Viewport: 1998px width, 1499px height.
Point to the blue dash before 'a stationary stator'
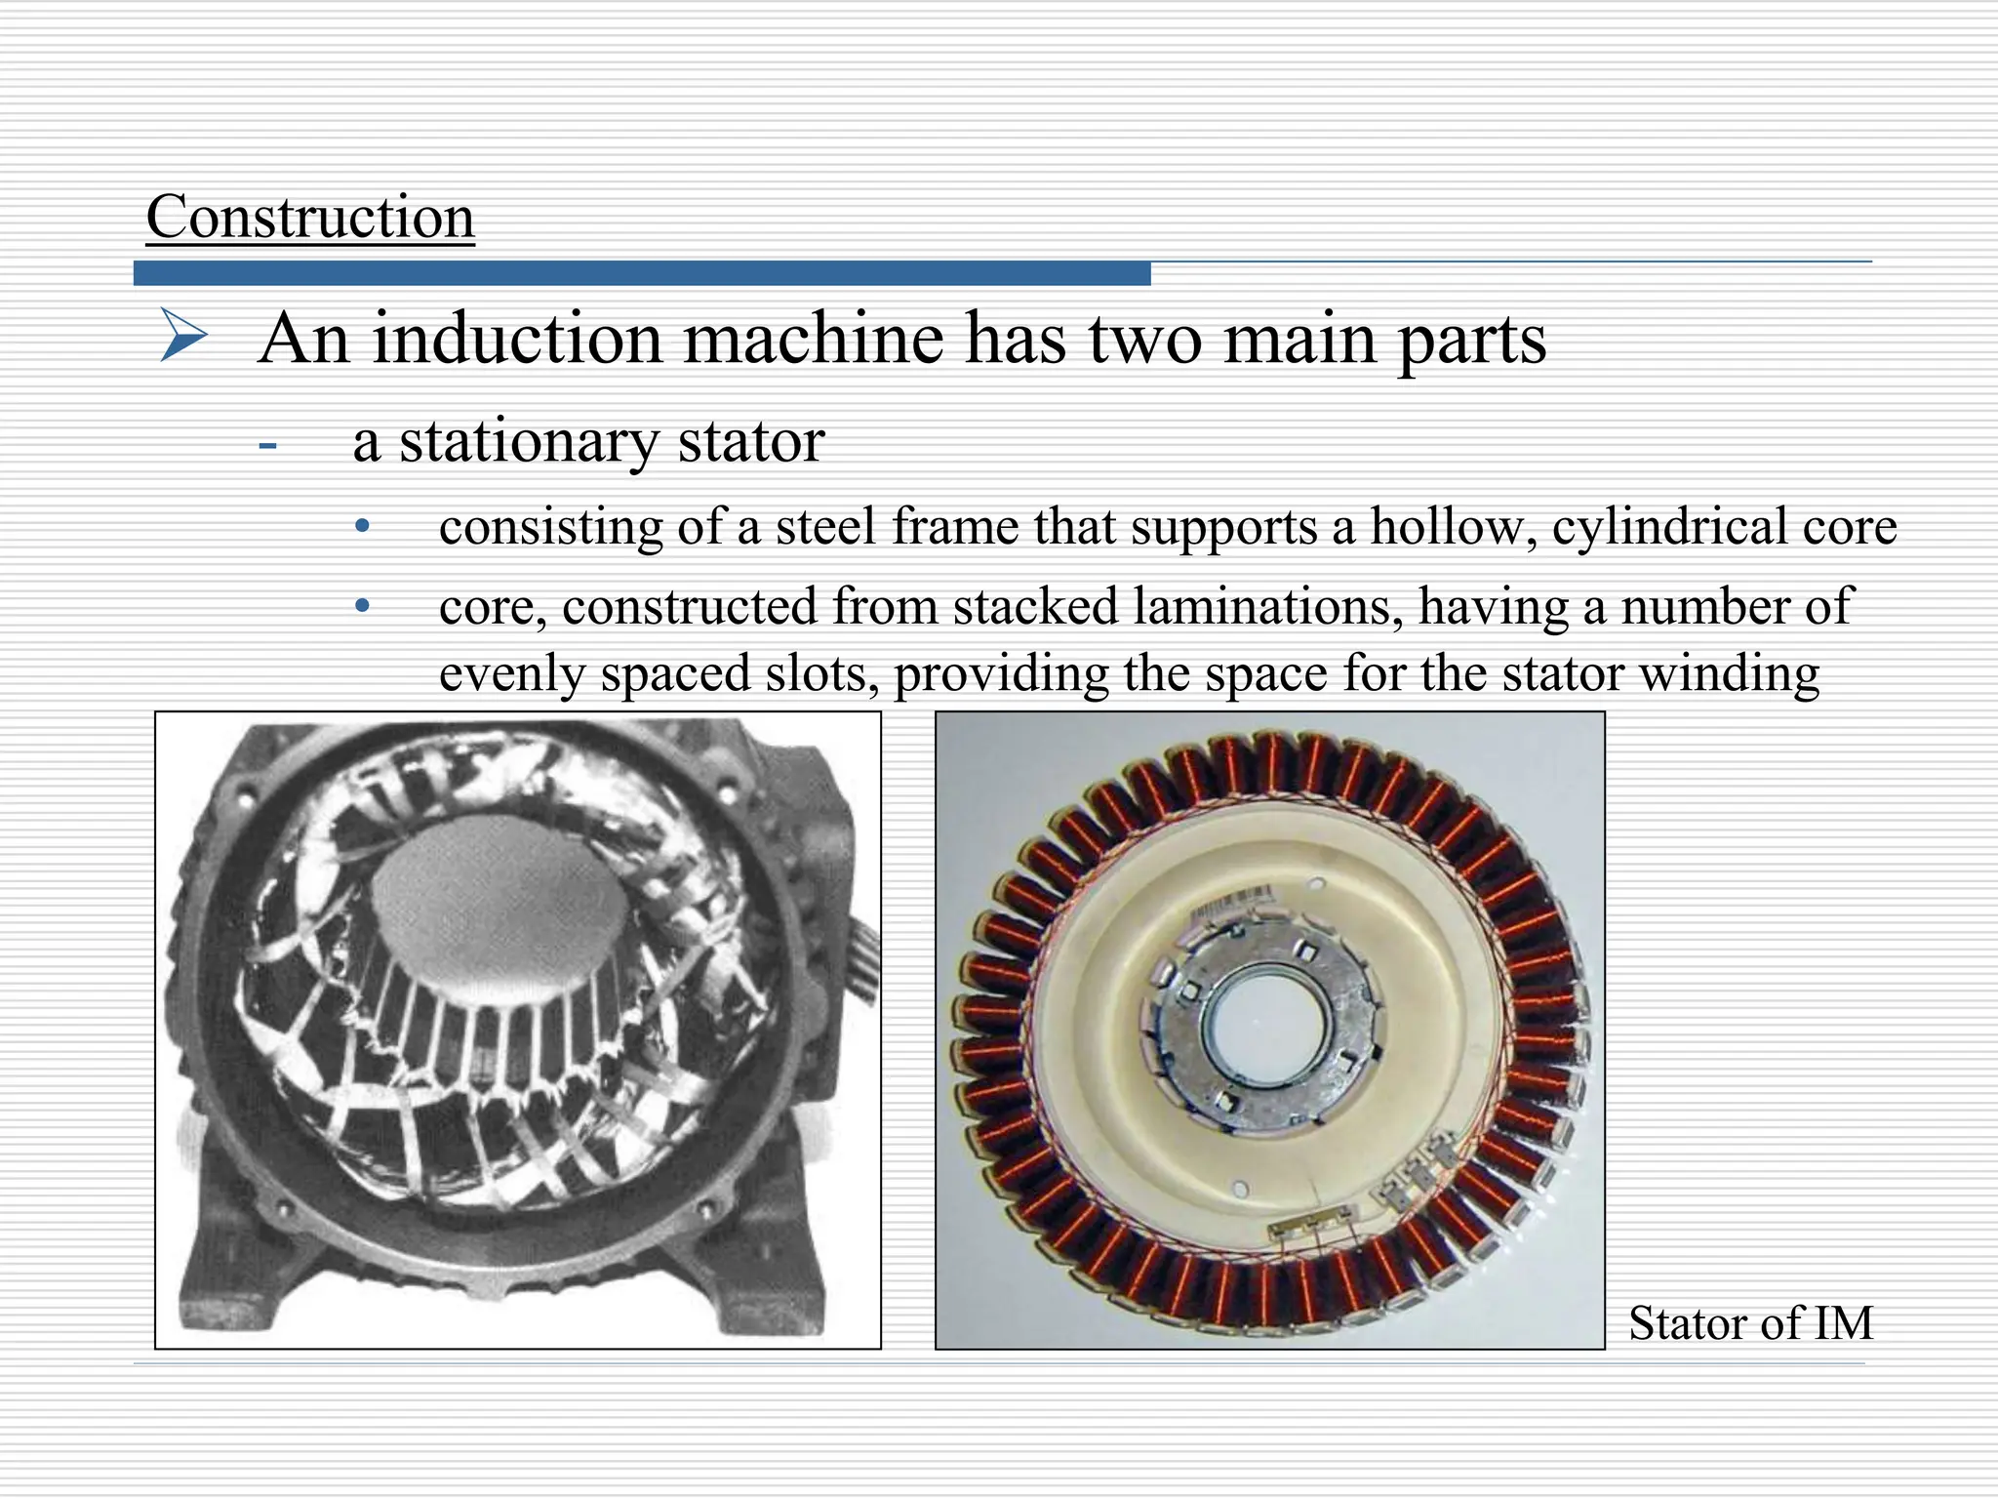(268, 447)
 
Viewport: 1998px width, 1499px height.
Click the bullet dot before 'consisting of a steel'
(363, 527)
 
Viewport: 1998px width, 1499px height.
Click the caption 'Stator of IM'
(1750, 1323)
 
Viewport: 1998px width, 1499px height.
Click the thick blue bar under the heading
(642, 274)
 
